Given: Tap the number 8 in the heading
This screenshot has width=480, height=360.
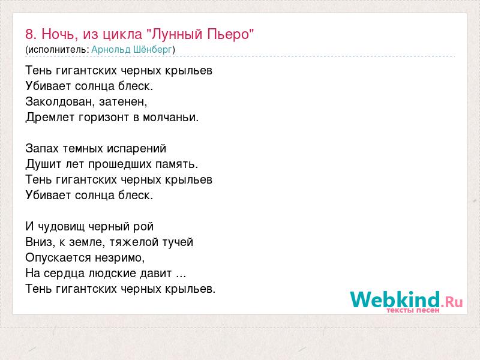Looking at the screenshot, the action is pos(29,34).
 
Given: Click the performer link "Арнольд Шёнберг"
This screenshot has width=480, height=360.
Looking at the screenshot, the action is pos(131,50).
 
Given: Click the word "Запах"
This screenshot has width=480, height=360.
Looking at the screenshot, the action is pos(42,149).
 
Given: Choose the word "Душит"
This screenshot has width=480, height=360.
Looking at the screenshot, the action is pos(43,164).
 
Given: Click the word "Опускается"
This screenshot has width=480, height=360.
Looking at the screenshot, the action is pos(58,258).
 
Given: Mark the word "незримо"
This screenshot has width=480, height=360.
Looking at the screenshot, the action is pos(118,258).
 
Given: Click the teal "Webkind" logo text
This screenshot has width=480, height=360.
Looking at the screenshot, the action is pos(395,299).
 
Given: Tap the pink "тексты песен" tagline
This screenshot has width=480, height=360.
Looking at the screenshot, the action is pos(413,310).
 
